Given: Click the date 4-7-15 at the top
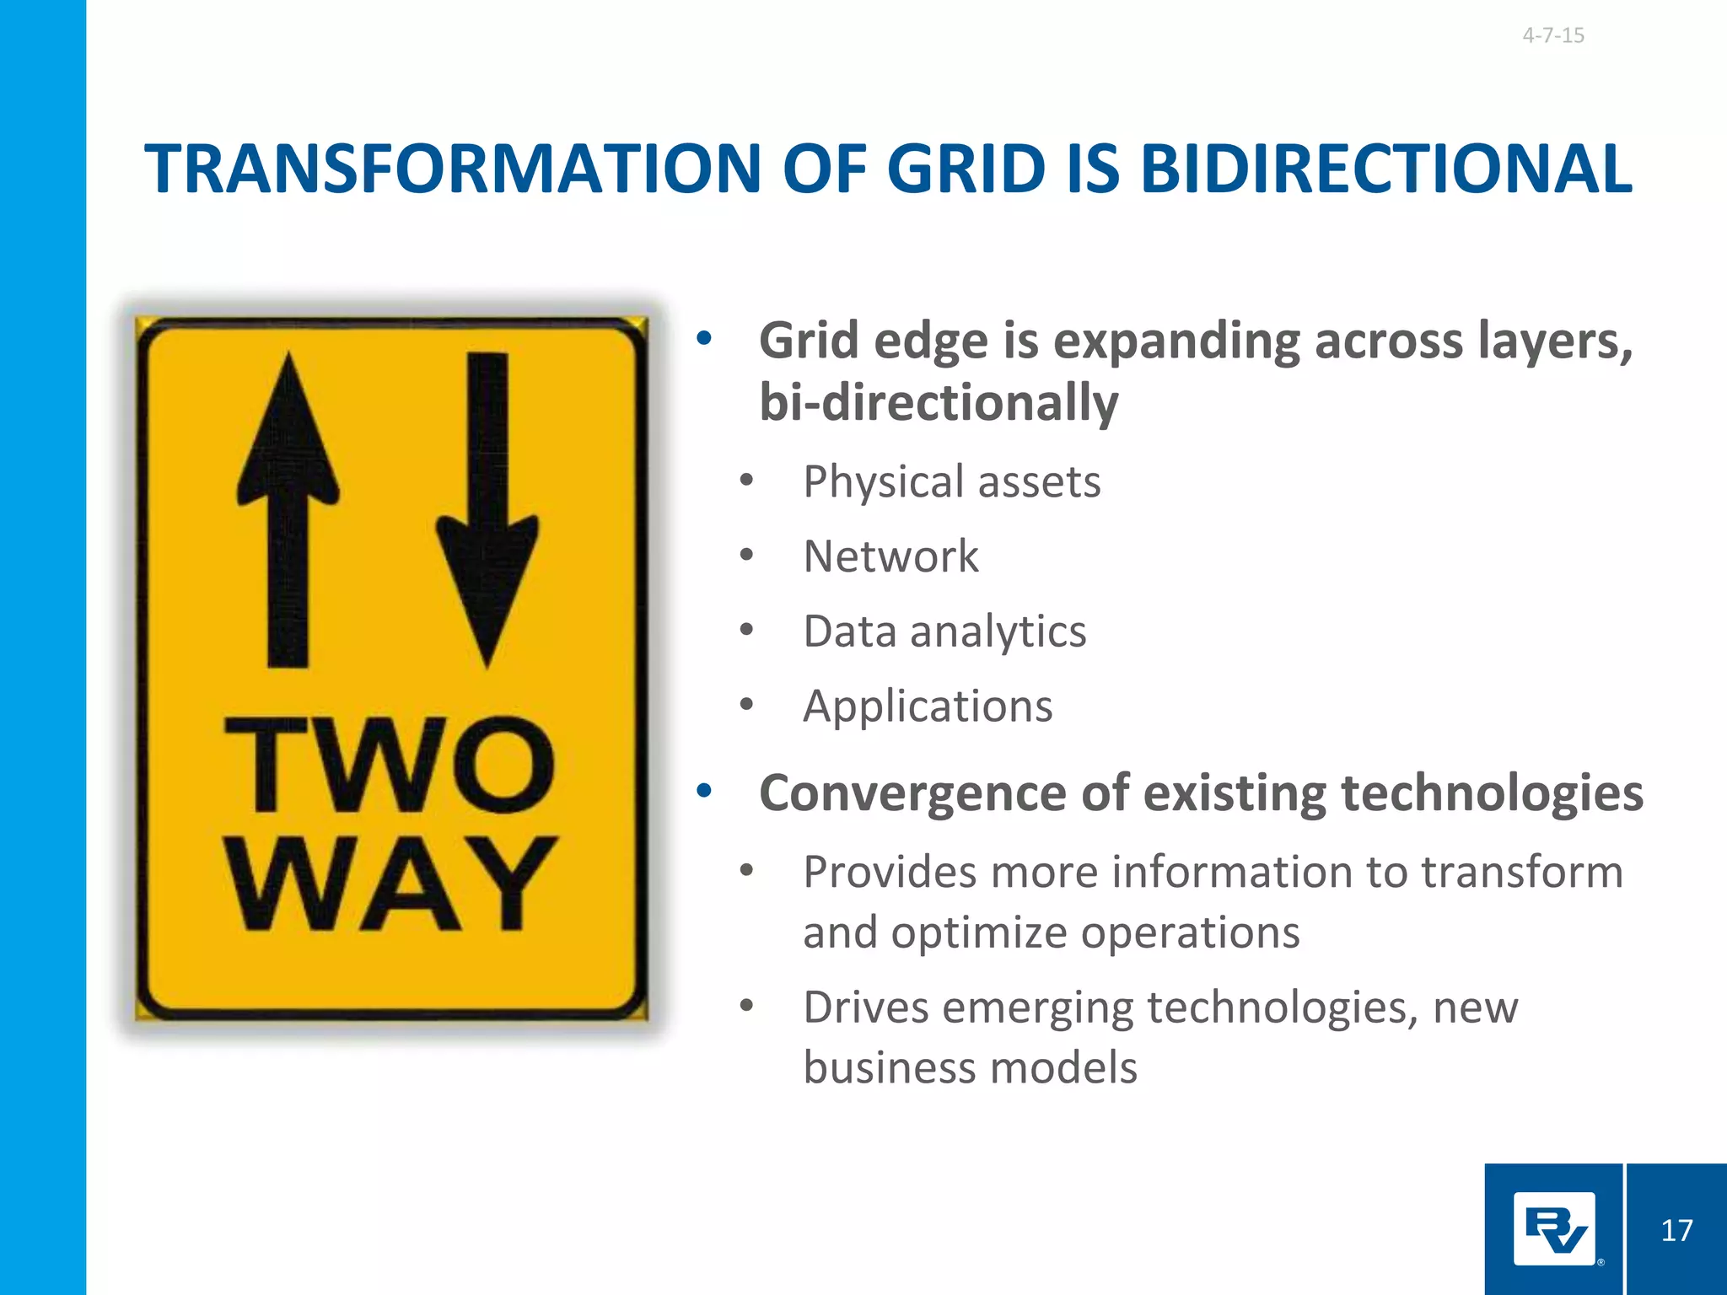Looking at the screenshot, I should (1552, 35).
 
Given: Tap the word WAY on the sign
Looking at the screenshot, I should (390, 884).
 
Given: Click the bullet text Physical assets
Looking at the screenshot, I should (951, 482).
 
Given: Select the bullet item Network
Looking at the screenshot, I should (890, 556).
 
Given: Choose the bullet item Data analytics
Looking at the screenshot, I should (944, 631).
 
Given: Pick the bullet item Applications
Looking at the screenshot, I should (928, 706).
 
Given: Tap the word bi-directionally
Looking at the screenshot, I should (938, 402).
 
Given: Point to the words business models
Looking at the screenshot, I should (970, 1067).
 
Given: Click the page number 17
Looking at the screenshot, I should (1676, 1230).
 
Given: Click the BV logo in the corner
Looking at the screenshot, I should (1554, 1228).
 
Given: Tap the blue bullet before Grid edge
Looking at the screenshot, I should (704, 340).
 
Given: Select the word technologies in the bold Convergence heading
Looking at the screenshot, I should (1491, 793).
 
